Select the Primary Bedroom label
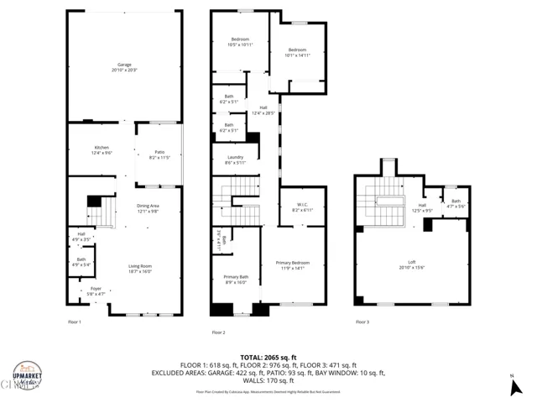tap(293, 265)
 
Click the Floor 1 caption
tap(75, 322)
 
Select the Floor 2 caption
tap(219, 332)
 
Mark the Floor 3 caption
tap(362, 322)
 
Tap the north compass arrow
tap(513, 386)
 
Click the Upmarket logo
tap(27, 375)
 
